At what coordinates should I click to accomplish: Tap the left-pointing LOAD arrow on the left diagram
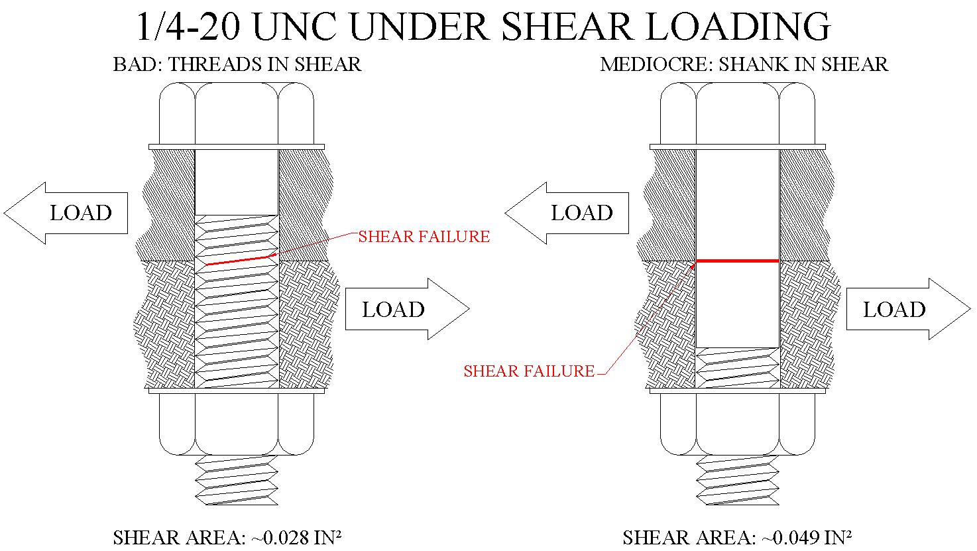pos(66,213)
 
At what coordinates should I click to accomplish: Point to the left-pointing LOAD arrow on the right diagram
pos(567,213)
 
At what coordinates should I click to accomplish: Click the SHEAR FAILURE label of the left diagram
pos(424,237)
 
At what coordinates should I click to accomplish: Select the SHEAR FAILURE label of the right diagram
pos(529,371)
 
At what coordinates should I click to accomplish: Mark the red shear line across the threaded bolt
pos(239,261)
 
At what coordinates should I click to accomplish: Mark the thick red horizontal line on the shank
pos(737,261)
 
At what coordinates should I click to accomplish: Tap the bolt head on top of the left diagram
pos(237,113)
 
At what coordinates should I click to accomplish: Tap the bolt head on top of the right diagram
pos(738,113)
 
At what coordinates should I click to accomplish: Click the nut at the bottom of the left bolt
pos(237,424)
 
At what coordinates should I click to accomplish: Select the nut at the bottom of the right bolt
pos(738,424)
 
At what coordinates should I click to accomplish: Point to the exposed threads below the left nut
pos(237,481)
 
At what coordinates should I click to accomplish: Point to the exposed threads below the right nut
pos(738,481)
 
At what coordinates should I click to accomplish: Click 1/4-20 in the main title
pos(190,27)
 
